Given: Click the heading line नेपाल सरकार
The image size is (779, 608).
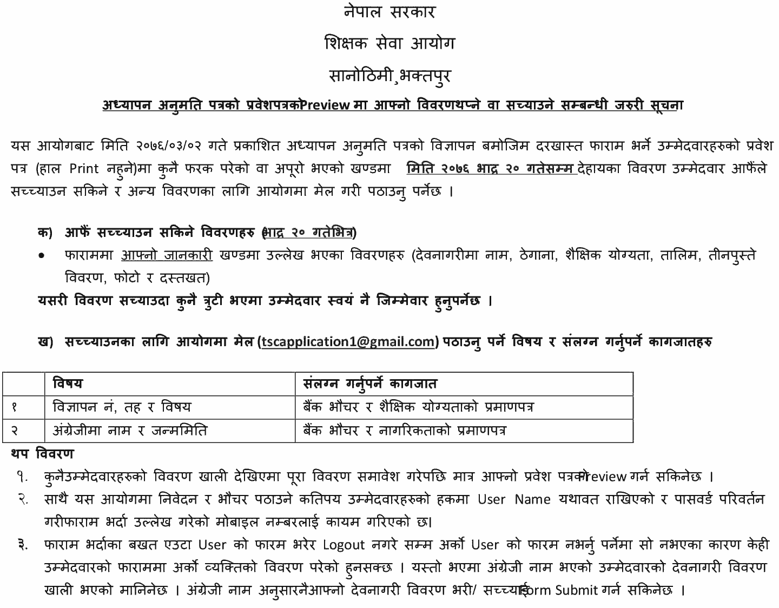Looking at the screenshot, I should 389,12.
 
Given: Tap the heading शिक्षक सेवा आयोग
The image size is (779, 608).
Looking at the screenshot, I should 389,43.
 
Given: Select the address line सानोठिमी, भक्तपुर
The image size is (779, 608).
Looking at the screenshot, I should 389,75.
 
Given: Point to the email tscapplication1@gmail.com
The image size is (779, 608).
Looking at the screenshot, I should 349,342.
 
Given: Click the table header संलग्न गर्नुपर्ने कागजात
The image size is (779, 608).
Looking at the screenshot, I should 370,384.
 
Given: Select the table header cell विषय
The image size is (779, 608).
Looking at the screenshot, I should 68,384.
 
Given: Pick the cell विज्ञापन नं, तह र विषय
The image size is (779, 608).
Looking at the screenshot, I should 122,407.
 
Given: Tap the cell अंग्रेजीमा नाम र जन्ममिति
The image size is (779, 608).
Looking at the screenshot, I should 130,431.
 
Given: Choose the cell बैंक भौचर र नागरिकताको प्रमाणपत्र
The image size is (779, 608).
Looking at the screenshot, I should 405,431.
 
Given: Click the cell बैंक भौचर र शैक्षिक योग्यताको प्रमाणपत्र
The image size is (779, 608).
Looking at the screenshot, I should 418,407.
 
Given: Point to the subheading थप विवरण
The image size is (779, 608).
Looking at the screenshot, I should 42,453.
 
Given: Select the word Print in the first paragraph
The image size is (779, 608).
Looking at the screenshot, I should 84,169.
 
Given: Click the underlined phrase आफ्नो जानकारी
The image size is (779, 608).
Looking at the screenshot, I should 167,255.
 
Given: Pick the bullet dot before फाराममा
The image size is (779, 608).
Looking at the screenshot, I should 41,255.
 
